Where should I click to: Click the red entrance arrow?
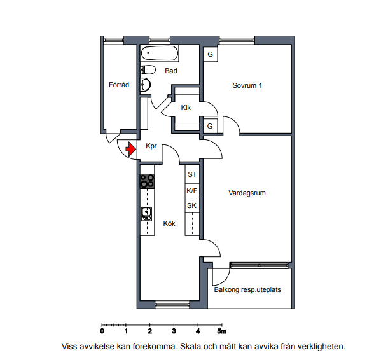tap(130, 149)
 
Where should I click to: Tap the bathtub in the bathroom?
tap(160, 53)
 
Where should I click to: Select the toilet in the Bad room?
tap(148, 69)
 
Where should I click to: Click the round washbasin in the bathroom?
tap(146, 85)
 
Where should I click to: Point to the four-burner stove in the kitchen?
tap(148, 181)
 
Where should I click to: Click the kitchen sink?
tap(146, 214)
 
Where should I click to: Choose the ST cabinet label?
tap(192, 174)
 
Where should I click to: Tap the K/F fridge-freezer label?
tap(191, 191)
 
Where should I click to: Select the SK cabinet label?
tap(191, 205)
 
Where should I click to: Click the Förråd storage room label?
tap(119, 85)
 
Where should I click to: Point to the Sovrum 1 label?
tap(247, 85)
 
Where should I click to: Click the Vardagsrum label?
tap(247, 193)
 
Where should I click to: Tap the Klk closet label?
tap(186, 108)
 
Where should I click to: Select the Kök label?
tap(169, 223)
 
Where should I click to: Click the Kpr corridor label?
tap(151, 146)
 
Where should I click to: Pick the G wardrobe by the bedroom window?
tap(211, 54)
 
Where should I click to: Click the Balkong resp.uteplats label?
tap(247, 289)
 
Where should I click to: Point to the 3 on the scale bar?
tap(174, 331)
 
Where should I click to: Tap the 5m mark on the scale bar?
tap(222, 331)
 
